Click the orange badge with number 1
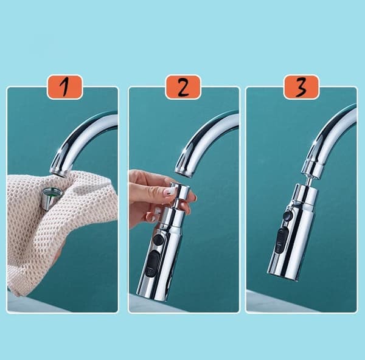[64, 87]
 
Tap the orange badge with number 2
[183, 87]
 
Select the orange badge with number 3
[301, 87]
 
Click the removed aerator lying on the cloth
[49, 198]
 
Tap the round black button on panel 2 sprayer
[158, 240]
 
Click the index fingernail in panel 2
[170, 192]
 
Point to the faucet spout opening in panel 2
[184, 174]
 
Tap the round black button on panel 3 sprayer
[287, 215]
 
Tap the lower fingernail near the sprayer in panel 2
[158, 211]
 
